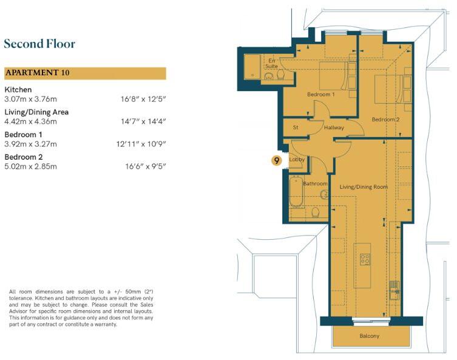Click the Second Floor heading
pyautogui.click(x=39, y=44)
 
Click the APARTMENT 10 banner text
pyautogui.click(x=37, y=73)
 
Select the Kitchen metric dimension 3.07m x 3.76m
pyautogui.click(x=30, y=99)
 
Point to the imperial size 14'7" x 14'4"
pyautogui.click(x=143, y=121)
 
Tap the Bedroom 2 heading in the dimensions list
pyautogui.click(x=24, y=157)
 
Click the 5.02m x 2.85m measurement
pyautogui.click(x=30, y=166)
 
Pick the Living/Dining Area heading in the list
pyautogui.click(x=36, y=112)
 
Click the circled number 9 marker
pyautogui.click(x=277, y=160)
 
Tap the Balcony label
pyautogui.click(x=369, y=336)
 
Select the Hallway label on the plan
pyautogui.click(x=334, y=127)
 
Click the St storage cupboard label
pyautogui.click(x=296, y=127)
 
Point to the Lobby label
pyautogui.click(x=297, y=160)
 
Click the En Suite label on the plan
pyautogui.click(x=271, y=63)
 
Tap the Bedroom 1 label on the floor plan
pyautogui.click(x=321, y=95)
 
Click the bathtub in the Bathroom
pyautogui.click(x=297, y=191)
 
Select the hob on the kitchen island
pyautogui.click(x=365, y=259)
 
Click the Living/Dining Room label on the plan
pyautogui.click(x=364, y=187)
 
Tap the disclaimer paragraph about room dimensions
pyautogui.click(x=81, y=308)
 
